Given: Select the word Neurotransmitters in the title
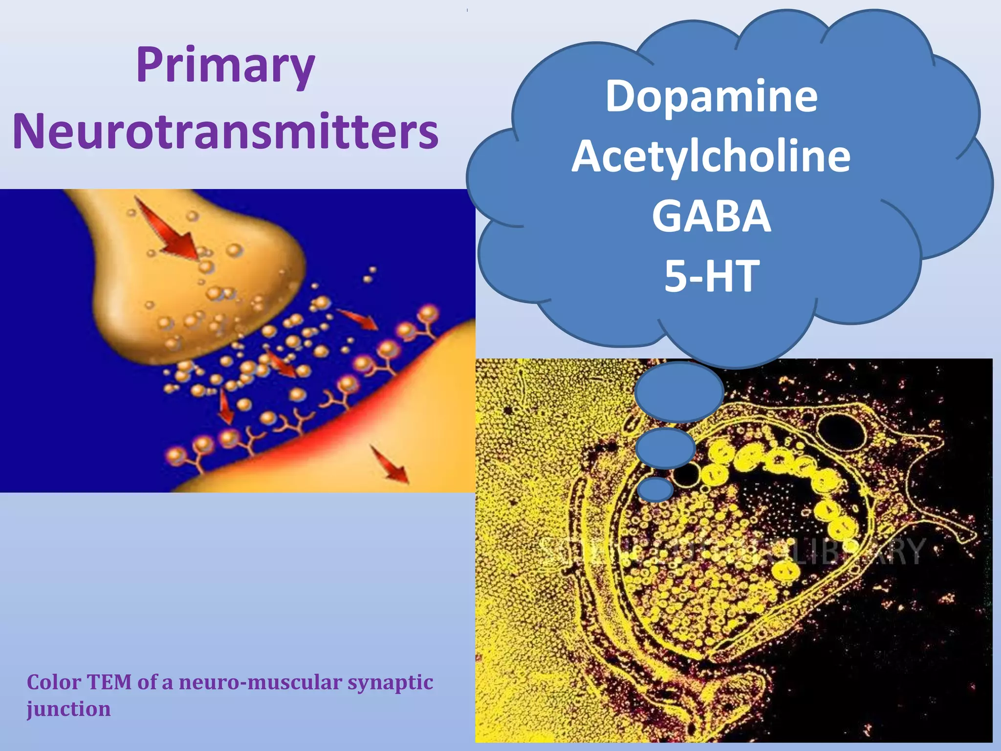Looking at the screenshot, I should pyautogui.click(x=225, y=132).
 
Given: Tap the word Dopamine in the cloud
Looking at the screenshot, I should pyautogui.click(x=711, y=96).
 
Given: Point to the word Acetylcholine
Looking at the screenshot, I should pyautogui.click(x=711, y=156).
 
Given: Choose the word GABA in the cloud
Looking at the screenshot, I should pyautogui.click(x=711, y=216).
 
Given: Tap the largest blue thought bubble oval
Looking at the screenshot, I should pyautogui.click(x=679, y=392).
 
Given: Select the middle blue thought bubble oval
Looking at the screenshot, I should pyautogui.click(x=665, y=448).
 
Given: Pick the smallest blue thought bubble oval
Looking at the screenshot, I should pyautogui.click(x=655, y=489).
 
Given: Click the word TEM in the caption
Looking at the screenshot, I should pyautogui.click(x=109, y=682).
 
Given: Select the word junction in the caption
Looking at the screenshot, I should pyautogui.click(x=68, y=709).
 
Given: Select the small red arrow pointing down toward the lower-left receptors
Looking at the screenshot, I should pyautogui.click(x=225, y=407).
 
